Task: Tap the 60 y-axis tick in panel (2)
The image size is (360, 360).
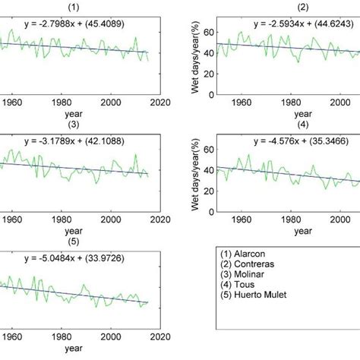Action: (x=207, y=33)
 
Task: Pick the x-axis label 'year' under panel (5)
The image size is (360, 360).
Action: (x=74, y=349)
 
